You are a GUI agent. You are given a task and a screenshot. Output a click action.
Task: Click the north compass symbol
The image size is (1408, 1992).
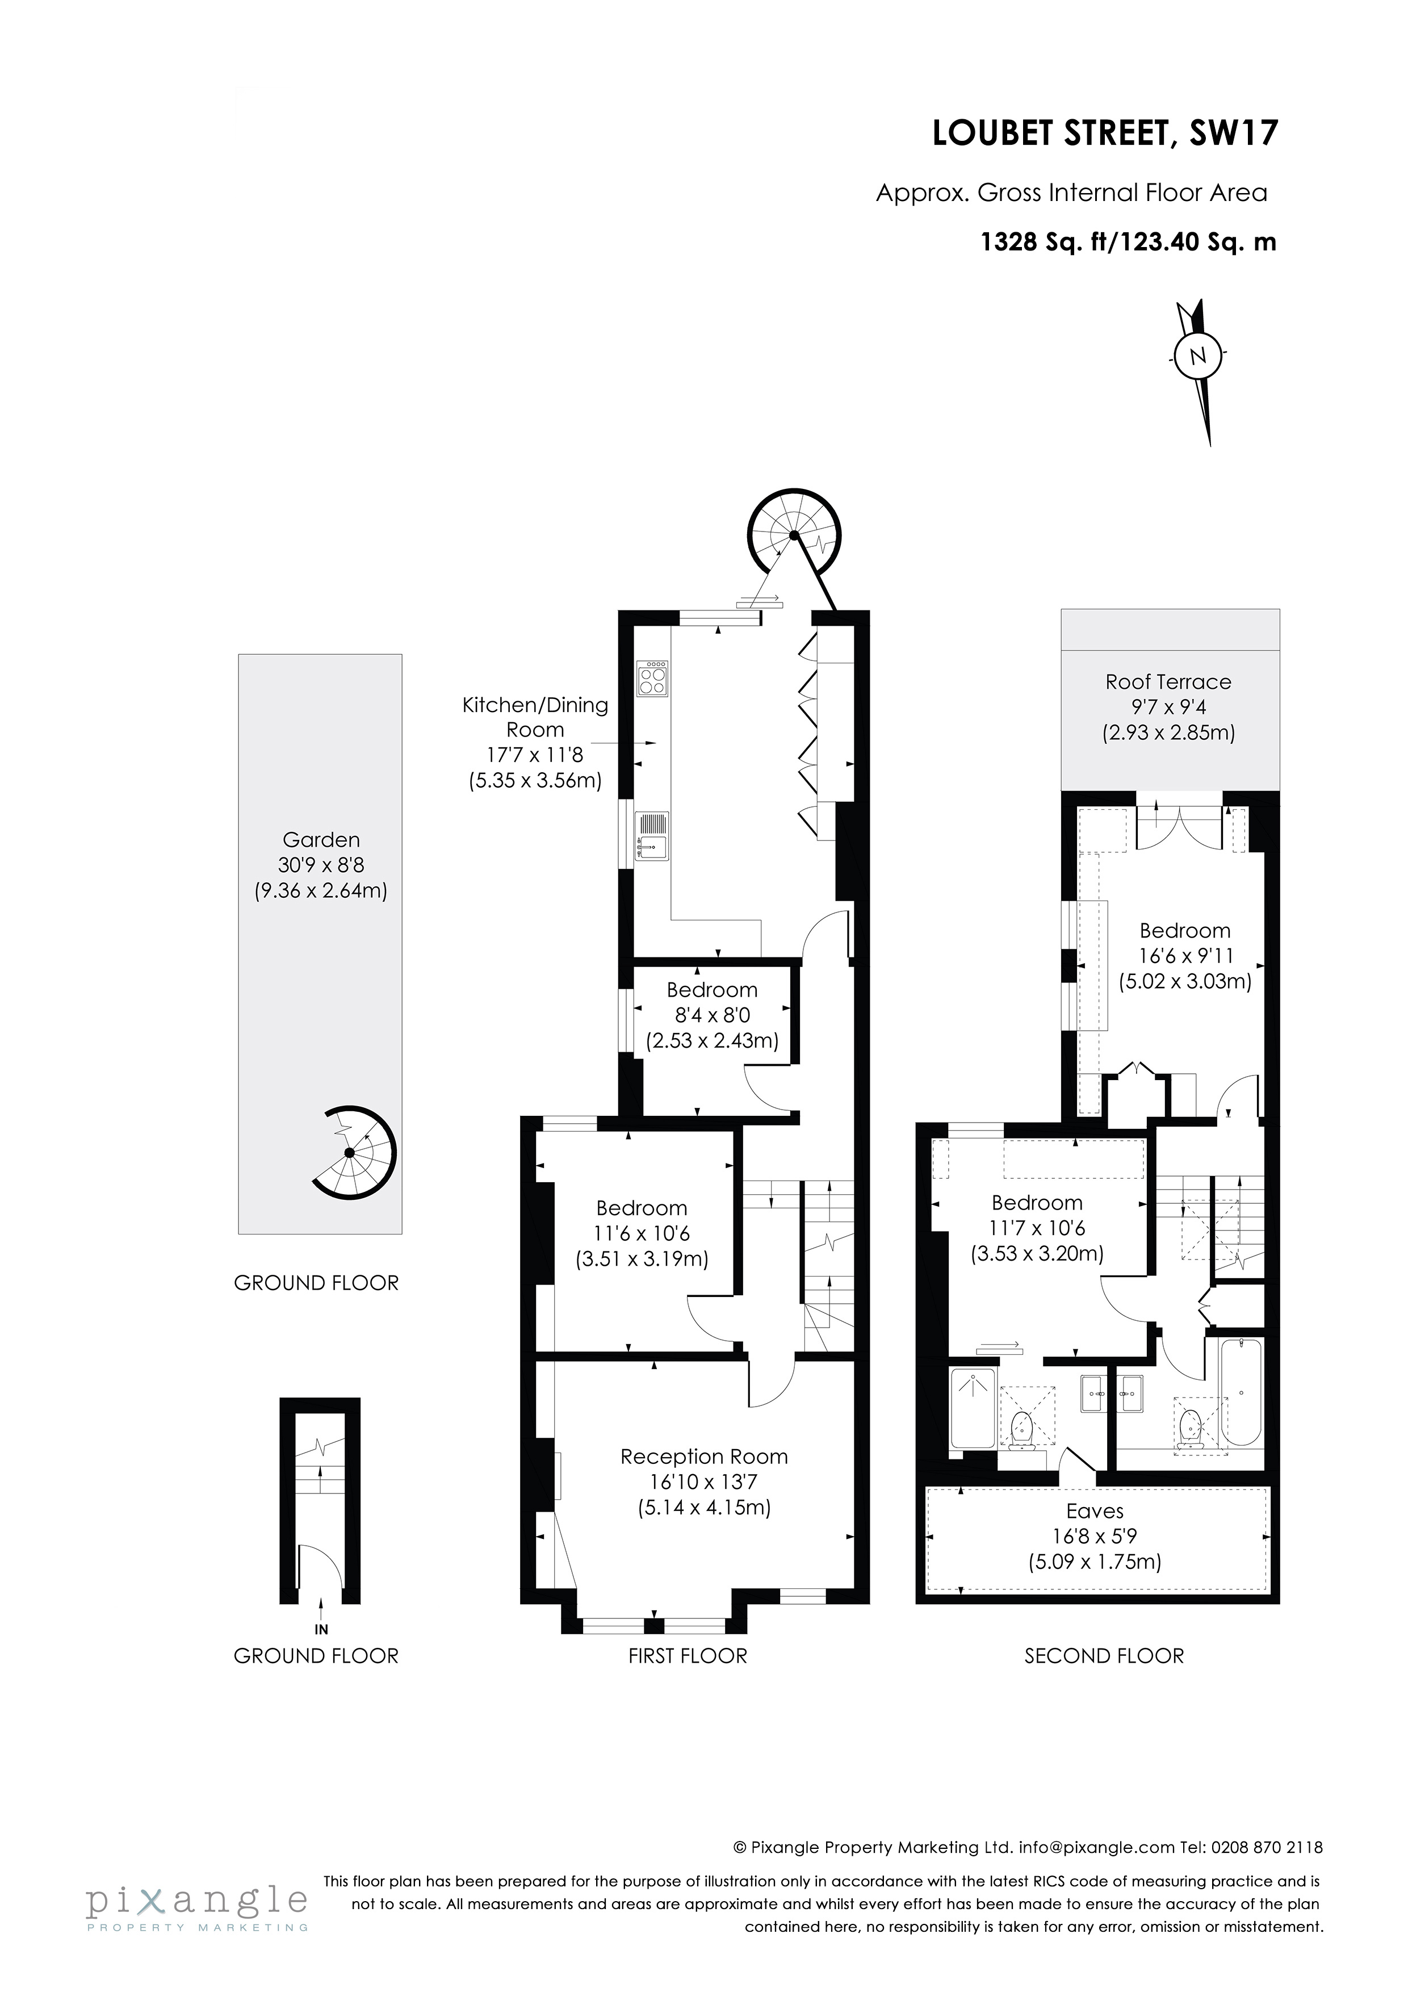click(x=1197, y=355)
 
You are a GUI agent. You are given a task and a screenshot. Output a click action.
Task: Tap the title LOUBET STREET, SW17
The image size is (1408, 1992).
click(x=1104, y=135)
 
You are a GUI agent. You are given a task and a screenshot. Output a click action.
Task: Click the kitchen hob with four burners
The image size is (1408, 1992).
click(x=652, y=679)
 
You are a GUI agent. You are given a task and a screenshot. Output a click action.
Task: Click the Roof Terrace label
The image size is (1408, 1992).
click(x=1168, y=682)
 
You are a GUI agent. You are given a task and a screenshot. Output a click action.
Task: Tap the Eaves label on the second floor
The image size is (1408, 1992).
click(x=1095, y=1512)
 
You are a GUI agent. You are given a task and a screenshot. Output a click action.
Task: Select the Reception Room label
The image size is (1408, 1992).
click(x=703, y=1457)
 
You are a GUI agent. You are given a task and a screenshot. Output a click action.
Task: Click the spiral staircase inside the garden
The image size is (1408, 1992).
click(x=354, y=1153)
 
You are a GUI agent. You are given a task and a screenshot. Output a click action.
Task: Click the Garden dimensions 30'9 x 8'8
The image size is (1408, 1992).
click(x=320, y=865)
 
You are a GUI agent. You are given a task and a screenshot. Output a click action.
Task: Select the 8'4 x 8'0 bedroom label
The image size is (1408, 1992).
click(x=713, y=1015)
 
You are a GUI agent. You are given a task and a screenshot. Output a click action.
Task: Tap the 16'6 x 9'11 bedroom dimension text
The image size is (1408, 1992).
click(x=1185, y=956)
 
